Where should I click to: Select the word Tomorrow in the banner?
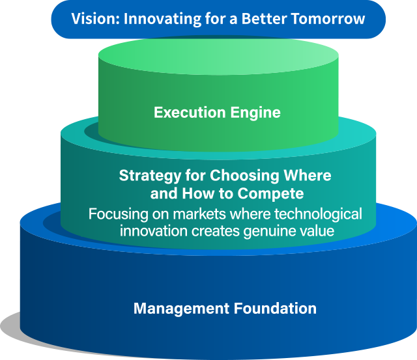coord(328,19)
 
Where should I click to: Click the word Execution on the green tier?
coord(190,113)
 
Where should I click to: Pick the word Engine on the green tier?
coord(255,113)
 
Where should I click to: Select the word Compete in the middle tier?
coord(270,194)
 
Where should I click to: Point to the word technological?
coord(318,214)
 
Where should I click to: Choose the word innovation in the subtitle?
coord(154,231)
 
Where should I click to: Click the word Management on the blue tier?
coord(181,309)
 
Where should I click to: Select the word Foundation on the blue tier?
coord(275,308)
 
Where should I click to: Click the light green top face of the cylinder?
coord(218,57)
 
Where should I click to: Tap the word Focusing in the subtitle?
coord(119,215)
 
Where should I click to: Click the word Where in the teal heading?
coord(308,176)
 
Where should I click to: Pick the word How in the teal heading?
coord(198,193)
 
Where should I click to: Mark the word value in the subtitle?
coord(317,231)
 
